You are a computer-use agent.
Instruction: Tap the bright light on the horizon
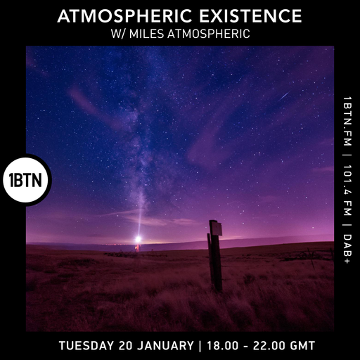click(x=138, y=239)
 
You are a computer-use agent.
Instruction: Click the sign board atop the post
click(x=217, y=229)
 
